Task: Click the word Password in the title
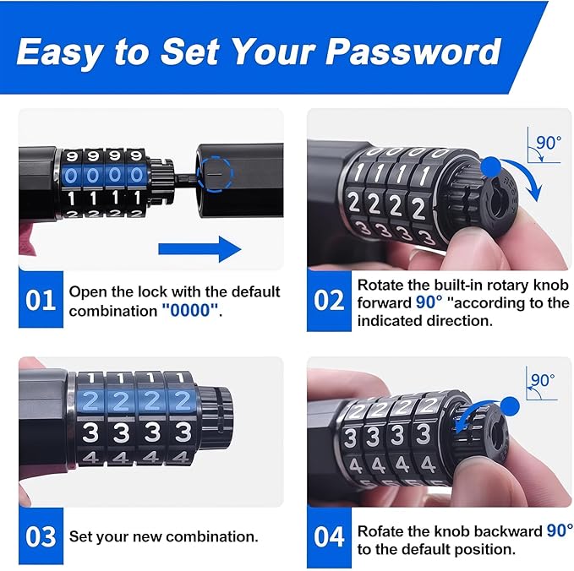tap(413, 52)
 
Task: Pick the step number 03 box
tap(40, 536)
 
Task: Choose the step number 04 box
tap(328, 536)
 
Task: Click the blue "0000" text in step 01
tap(191, 310)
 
